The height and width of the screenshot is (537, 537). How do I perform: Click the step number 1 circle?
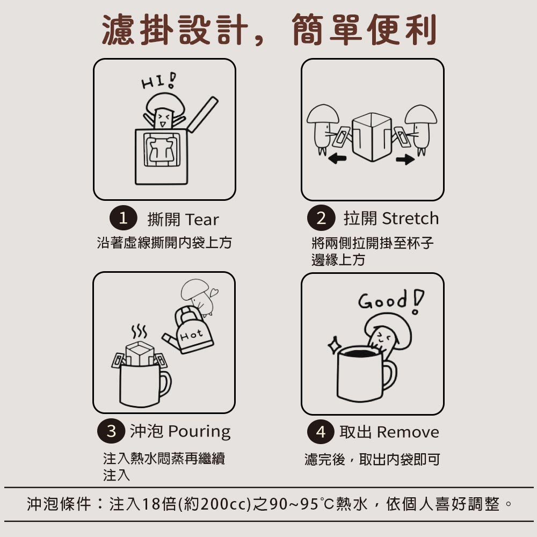(123, 219)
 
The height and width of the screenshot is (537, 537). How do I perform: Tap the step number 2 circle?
(321, 218)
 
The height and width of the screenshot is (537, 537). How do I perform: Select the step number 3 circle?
(111, 431)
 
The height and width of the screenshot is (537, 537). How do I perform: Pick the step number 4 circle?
(321, 432)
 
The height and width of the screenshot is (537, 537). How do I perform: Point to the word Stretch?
(410, 219)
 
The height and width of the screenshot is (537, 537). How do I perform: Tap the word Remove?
(408, 432)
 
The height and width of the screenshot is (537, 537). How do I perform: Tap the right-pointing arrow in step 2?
(408, 159)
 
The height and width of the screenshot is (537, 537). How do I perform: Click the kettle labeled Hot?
(191, 333)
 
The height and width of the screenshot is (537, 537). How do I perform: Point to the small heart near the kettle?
(215, 292)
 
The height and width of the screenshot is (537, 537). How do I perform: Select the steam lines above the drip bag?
(139, 329)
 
